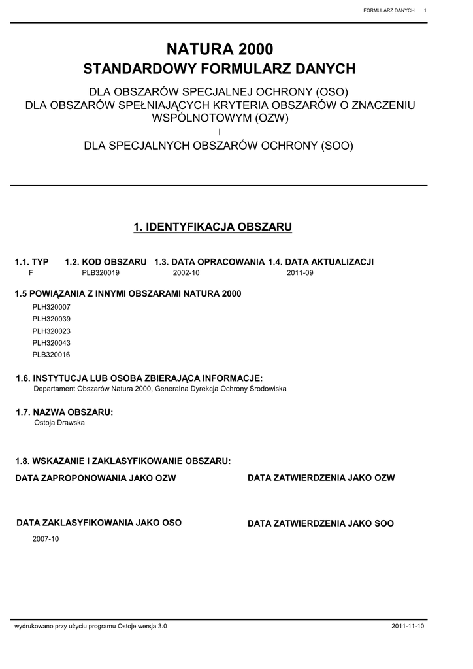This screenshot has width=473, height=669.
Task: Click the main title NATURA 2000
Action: click(220, 49)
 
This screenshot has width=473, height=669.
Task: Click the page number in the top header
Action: click(425, 10)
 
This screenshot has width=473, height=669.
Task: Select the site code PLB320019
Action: click(101, 273)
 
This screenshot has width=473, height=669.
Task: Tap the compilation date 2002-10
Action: click(186, 273)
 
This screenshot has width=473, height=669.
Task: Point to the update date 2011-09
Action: click(300, 273)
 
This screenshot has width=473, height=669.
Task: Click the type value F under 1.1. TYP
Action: click(31, 273)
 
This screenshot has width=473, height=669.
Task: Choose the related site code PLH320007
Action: click(51, 307)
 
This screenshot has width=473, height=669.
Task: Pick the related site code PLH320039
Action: click(51, 319)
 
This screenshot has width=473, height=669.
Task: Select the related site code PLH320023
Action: click(51, 331)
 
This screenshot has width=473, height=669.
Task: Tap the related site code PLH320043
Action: click(51, 343)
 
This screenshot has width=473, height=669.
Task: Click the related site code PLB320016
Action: click(51, 355)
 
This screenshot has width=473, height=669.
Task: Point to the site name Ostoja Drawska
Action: click(59, 423)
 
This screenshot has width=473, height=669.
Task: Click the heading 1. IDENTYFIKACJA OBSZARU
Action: click(212, 227)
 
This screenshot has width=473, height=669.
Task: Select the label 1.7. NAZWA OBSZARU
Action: click(64, 412)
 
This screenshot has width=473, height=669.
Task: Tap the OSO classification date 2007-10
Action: click(46, 539)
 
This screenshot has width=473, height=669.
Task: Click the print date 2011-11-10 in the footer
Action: click(408, 627)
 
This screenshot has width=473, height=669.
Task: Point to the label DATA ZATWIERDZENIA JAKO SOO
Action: click(321, 524)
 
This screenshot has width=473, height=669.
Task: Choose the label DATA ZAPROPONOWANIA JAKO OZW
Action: click(95, 479)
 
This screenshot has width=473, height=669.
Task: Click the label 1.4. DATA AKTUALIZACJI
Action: click(321, 261)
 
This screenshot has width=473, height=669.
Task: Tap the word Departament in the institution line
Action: click(54, 389)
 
